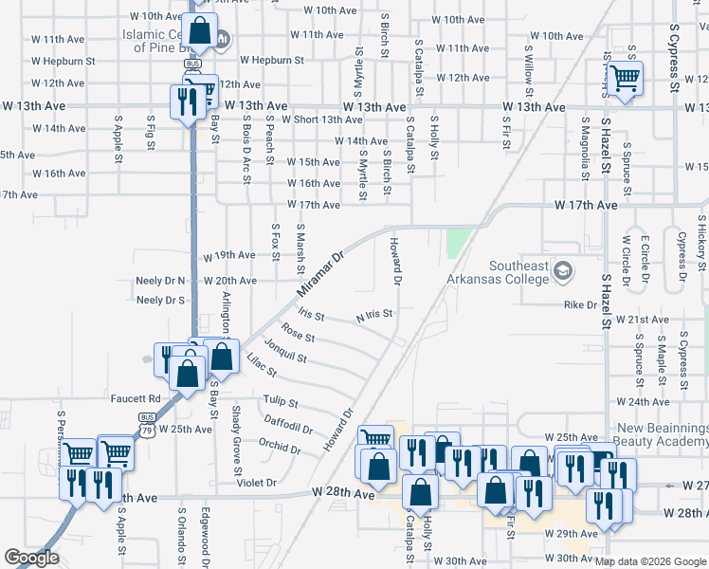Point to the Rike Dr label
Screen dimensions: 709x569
click(580, 305)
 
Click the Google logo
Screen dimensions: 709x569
click(31, 558)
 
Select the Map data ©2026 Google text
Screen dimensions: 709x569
click(650, 561)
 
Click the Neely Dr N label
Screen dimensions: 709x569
click(160, 281)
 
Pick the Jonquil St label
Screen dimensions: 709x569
click(285, 351)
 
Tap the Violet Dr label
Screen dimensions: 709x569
click(257, 482)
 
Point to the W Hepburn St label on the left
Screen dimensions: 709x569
click(64, 60)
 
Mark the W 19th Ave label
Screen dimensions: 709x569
click(230, 255)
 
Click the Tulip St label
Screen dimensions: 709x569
click(281, 402)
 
